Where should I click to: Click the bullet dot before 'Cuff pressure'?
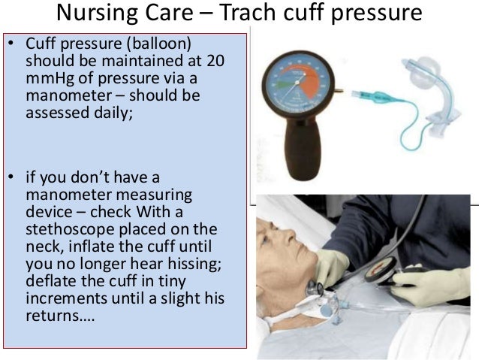click(x=11, y=44)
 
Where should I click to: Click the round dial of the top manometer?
click(x=297, y=82)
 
